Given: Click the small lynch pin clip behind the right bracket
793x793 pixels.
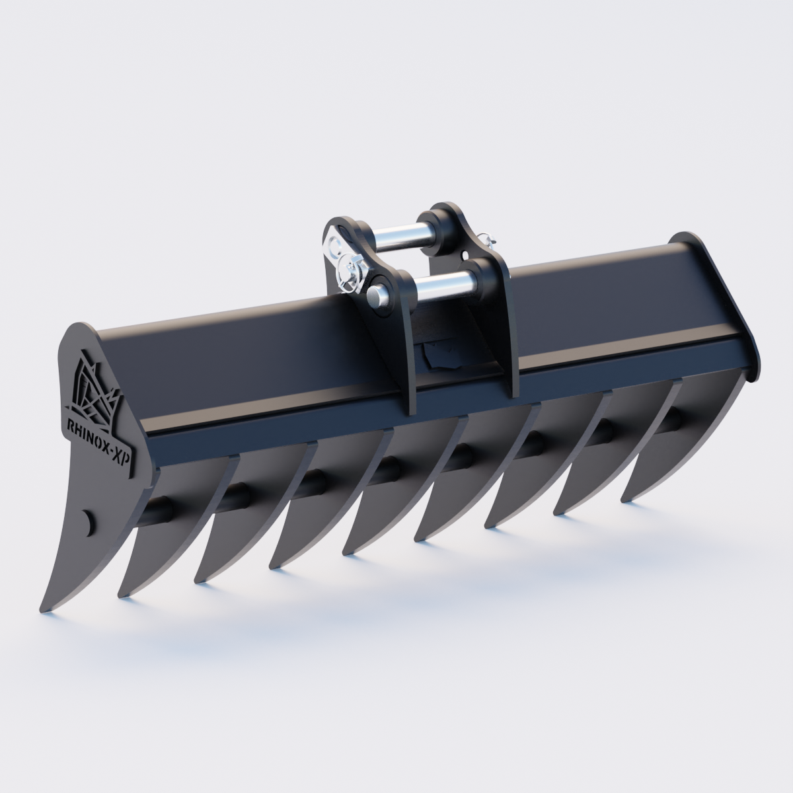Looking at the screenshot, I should point(489,238).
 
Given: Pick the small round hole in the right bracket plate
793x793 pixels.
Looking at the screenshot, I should point(467,253).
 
